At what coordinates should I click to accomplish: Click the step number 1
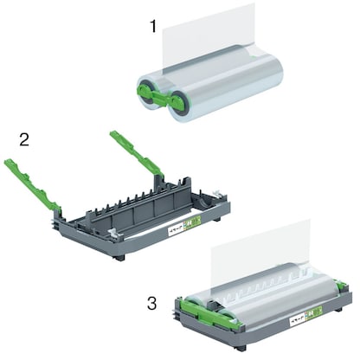pyautogui.click(x=153, y=27)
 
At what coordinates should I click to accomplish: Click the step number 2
pyautogui.click(x=25, y=138)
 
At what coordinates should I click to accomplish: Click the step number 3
pyautogui.click(x=152, y=304)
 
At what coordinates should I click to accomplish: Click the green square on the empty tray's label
pyautogui.click(x=196, y=222)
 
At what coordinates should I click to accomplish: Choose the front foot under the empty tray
pyautogui.click(x=119, y=257)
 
